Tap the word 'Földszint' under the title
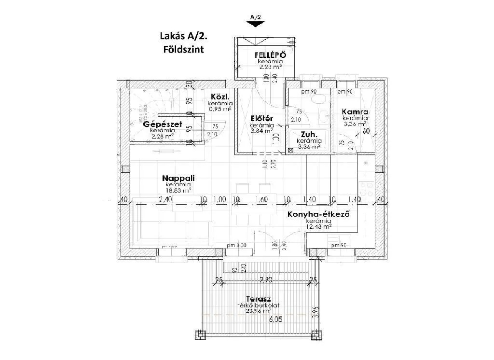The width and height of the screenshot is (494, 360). pos(183,49)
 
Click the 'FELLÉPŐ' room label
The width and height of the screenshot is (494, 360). pos(270,55)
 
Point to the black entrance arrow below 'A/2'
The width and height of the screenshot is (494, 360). pos(255,27)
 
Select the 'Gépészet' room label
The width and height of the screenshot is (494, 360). pos(163,125)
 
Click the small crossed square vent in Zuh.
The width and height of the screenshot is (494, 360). pos(290,150)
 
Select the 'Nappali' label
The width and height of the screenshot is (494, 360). pos(178,178)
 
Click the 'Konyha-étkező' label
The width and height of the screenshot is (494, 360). pos(318,214)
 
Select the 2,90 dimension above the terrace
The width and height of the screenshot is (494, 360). pos(266,280)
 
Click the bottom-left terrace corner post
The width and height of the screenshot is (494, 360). pos(199,334)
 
